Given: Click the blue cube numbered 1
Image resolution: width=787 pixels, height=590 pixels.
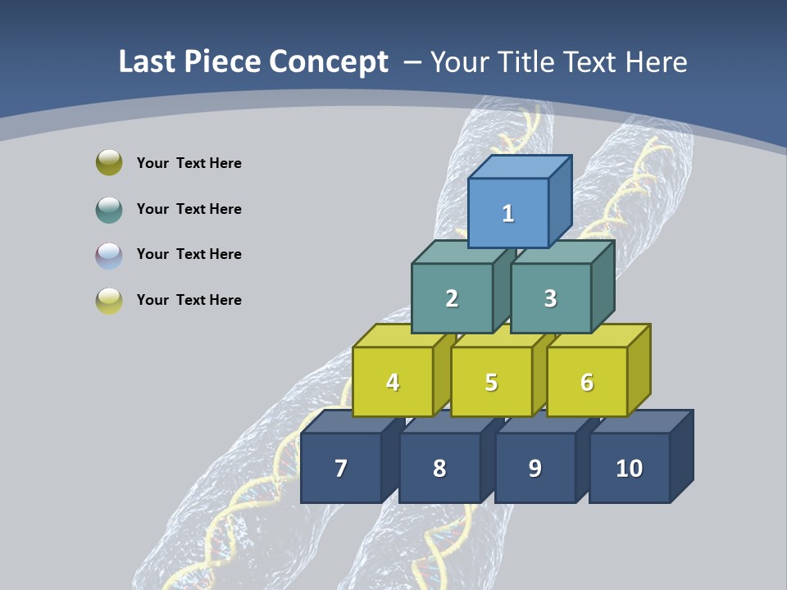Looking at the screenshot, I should [508, 213].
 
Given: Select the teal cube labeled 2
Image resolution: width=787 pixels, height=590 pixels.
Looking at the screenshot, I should [452, 298].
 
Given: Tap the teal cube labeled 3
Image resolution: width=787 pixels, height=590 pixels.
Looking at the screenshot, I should [550, 298].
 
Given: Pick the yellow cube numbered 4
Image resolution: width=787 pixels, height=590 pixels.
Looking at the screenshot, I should [393, 382].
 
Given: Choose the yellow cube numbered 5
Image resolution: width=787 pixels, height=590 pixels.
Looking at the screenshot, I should [491, 382].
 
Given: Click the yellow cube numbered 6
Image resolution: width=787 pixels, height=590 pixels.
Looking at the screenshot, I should [587, 382].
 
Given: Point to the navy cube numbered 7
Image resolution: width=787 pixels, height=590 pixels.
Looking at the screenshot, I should [341, 468].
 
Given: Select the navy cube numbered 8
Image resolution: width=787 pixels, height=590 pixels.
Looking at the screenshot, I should [439, 468].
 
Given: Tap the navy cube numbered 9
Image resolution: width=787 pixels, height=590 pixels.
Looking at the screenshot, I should [535, 468].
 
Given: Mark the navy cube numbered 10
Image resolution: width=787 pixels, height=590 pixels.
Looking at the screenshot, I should [629, 468].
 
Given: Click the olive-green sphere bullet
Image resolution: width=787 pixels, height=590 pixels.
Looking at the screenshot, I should [109, 162].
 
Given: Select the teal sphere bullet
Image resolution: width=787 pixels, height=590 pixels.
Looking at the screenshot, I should [109, 209].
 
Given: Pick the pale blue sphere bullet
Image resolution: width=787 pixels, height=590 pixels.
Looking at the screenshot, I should [109, 255].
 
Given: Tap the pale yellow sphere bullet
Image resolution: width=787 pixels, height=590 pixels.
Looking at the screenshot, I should [109, 300].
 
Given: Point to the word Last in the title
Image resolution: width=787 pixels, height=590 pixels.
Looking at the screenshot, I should [148, 62].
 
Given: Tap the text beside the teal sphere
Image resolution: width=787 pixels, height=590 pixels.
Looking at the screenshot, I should [189, 209].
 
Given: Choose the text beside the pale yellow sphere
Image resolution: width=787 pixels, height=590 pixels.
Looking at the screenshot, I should [189, 300].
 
